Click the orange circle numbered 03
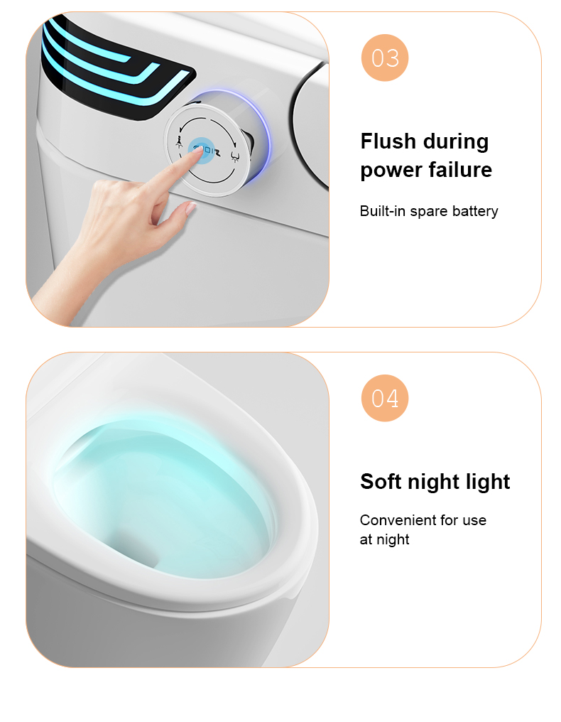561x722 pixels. pos(385,58)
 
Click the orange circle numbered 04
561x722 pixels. pos(385,398)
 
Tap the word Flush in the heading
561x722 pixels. pos(388,141)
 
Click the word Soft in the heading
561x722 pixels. pos(381,481)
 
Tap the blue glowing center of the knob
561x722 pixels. pos(201,150)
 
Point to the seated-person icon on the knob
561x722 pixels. pos(180,143)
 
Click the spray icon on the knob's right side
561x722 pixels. pos(235,156)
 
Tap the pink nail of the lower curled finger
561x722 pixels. pos(190,209)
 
